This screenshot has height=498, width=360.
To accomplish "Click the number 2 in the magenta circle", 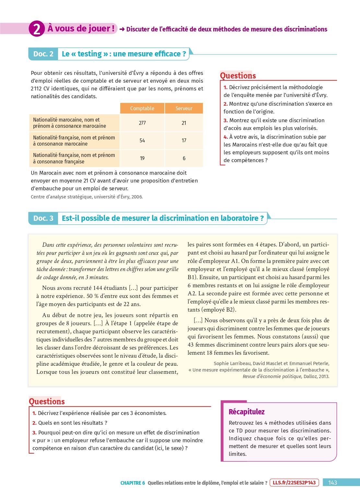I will pos(37,29).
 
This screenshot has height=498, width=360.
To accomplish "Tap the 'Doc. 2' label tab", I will pos(43,54).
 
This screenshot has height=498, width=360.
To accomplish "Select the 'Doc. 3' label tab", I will pos(43,218).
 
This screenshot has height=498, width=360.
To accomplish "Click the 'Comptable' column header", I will pos(142,108).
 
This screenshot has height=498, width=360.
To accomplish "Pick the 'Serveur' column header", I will pos(184,108).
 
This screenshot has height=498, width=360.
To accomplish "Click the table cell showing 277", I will pos(142,123).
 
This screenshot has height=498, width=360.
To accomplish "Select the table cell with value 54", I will pos(142,140).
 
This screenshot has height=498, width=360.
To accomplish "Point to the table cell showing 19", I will pos(142,158).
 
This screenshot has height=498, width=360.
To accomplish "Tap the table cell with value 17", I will pos(184,140).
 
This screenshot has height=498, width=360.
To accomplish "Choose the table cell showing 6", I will pos(184,158).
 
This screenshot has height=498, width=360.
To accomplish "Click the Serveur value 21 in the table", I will pos(184,123).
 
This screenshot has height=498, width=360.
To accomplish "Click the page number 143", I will pos(332,482).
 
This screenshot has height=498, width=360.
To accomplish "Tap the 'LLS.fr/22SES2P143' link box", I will pos(294,482).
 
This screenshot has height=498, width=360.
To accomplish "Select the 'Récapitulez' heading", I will pos(247,412).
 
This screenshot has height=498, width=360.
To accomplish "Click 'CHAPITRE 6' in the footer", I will pos(133,483).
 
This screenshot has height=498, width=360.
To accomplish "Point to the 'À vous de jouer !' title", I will pos(81,29).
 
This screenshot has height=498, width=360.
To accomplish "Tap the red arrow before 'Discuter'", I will pos(122,29).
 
